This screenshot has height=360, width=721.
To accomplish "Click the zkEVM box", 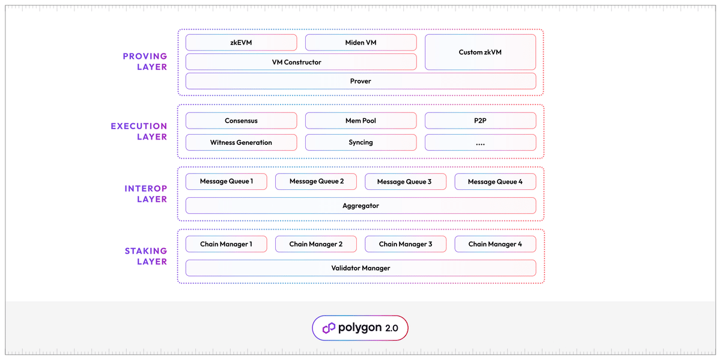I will pos(241,43).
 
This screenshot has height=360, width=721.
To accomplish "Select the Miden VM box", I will pos(360,43).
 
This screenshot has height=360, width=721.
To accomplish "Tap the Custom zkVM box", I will pos(480,52).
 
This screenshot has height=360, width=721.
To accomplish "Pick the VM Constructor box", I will pos(300,62).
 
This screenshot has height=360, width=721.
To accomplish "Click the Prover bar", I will pos(360,81).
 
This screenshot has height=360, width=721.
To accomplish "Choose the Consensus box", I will pos(241,121).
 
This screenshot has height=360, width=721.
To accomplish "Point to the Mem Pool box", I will pos(360,121).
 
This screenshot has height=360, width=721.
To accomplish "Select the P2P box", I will pos(480,121).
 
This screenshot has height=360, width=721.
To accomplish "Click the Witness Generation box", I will pos(241,142).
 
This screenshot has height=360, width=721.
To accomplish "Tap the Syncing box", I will pos(360,142).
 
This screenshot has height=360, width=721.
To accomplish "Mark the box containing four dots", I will pos(480,142).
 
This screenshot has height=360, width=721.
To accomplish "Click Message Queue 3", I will pos(404,182).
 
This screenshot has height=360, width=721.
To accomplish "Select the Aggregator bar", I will pos(360,206).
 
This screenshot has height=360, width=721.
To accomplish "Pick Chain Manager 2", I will pos(315,244).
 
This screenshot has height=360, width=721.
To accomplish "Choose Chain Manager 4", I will pos(495,244).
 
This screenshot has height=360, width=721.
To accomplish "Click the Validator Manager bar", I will pos(360,268).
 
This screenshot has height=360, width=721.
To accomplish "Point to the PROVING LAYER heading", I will pos(145,62).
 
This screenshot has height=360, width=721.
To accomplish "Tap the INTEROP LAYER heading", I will pos(145,194).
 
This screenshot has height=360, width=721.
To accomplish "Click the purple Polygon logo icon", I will pos(329,328).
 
